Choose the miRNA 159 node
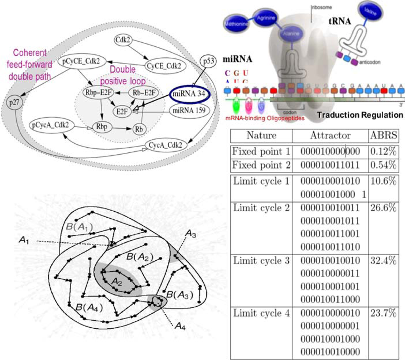pyautogui.click(x=189, y=111)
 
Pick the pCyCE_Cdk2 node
pyautogui.click(x=79, y=62)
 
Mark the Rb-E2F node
pyautogui.click(x=144, y=93)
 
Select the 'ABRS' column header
pyautogui.click(x=383, y=136)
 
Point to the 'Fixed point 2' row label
pyautogui.click(x=261, y=165)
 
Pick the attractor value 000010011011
pyautogui.click(x=330, y=165)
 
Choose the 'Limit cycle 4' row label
pyautogui.click(x=261, y=313)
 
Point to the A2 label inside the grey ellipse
pyautogui.click(x=117, y=281)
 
